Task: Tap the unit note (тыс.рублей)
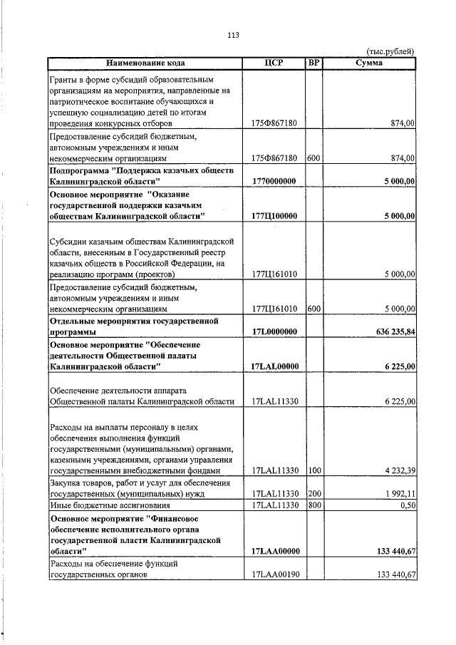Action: (390, 51)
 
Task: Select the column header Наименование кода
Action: (145, 63)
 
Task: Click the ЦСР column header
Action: (274, 63)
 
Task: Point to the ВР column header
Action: (313, 63)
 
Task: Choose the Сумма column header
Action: (369, 63)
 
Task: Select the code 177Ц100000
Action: (274, 215)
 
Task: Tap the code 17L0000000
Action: (274, 331)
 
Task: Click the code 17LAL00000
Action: (274, 366)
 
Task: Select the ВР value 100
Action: (313, 470)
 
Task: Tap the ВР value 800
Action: (313, 505)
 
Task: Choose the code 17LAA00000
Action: (274, 551)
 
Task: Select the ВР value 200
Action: (313, 493)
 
